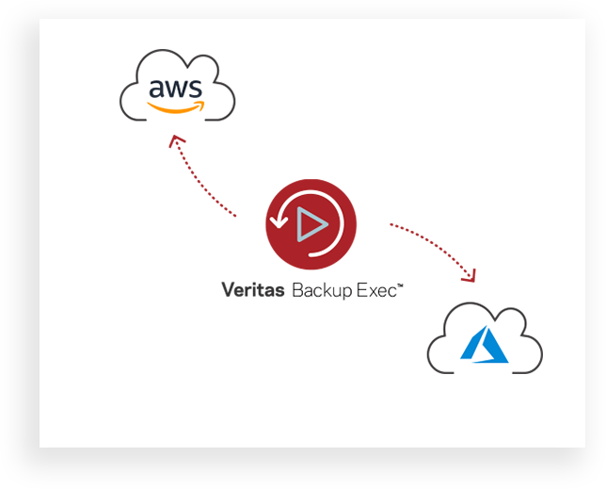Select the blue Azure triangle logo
[x=485, y=346]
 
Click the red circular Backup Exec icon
[x=311, y=224]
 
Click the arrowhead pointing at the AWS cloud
[x=174, y=140]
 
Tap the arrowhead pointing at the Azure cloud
[x=468, y=274]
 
